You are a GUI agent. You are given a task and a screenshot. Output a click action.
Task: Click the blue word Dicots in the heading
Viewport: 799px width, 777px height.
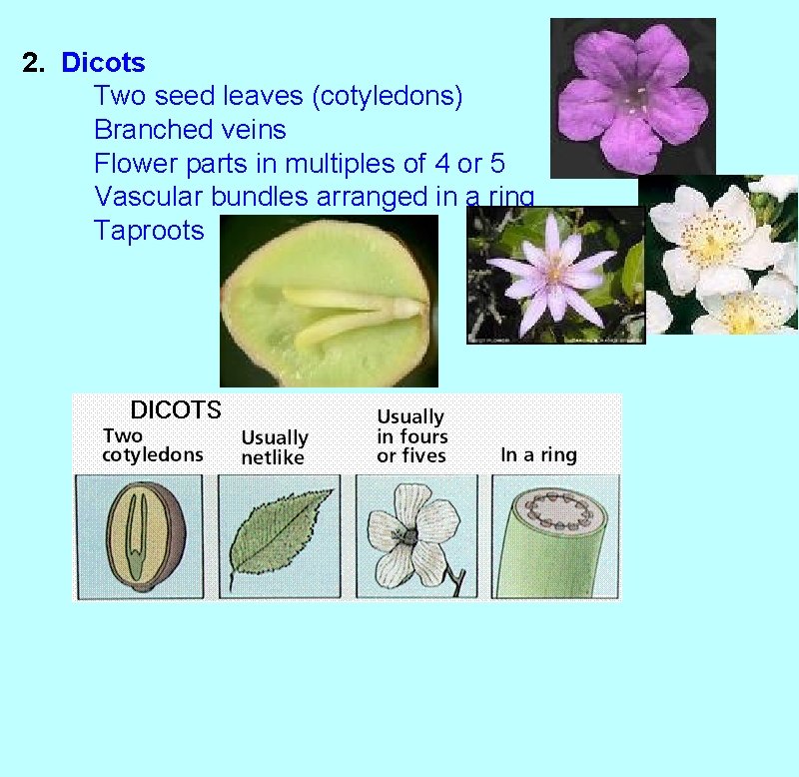[103, 63]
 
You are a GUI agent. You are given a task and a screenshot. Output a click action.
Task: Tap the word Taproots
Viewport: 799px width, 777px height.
[148, 231]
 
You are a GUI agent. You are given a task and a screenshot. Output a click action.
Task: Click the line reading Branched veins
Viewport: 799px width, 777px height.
[190, 130]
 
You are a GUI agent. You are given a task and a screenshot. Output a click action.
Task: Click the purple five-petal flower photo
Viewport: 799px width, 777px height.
[632, 97]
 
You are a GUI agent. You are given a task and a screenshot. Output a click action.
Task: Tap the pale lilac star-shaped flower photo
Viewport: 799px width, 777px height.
[555, 275]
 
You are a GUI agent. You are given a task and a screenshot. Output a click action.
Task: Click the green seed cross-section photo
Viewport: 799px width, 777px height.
[329, 301]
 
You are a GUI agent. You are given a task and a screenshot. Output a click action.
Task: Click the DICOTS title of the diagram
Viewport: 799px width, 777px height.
[176, 409]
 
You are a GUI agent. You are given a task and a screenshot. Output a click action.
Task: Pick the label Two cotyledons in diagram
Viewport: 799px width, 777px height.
[152, 445]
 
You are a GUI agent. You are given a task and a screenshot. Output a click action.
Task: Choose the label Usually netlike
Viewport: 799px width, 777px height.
[275, 447]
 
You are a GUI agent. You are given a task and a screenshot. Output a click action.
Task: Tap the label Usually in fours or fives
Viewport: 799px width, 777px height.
[411, 435]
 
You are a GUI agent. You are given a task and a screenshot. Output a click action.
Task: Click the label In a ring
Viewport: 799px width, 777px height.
[538, 455]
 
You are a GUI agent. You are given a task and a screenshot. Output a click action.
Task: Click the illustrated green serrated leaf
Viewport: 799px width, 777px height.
[279, 535]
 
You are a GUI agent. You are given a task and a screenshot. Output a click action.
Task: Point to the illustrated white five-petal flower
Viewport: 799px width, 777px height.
[412, 535]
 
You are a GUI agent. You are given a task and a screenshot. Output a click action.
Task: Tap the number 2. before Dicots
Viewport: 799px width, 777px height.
[34, 63]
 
